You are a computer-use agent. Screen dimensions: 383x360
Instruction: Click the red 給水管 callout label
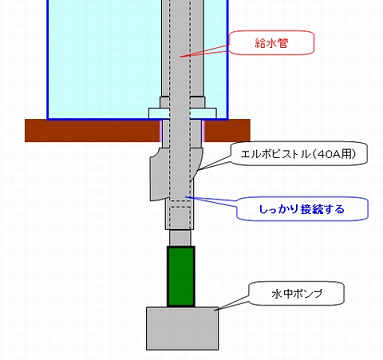(x=271, y=43)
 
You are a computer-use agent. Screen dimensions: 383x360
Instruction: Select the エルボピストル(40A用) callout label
(x=299, y=154)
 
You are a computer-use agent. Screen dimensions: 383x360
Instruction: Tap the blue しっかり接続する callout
(x=302, y=209)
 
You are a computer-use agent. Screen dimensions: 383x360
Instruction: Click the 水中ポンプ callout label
(x=297, y=293)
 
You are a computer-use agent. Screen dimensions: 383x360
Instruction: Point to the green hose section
(x=181, y=276)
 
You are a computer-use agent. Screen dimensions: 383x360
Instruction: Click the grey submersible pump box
(x=183, y=328)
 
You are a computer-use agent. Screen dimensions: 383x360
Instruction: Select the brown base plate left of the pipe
(x=93, y=130)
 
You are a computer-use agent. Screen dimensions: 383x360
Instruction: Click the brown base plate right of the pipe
(x=227, y=130)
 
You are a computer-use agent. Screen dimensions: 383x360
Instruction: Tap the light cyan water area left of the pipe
(x=104, y=58)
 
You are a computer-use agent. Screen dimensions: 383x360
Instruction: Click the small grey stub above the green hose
(x=180, y=238)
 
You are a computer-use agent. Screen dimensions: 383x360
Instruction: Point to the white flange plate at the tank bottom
(x=182, y=113)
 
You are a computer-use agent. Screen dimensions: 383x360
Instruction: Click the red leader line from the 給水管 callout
(x=204, y=51)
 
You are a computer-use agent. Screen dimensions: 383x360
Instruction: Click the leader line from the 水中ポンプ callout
(x=234, y=303)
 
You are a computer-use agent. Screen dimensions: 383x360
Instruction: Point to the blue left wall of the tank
(x=48, y=59)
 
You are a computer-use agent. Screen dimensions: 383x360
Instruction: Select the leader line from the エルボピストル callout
(x=214, y=163)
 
